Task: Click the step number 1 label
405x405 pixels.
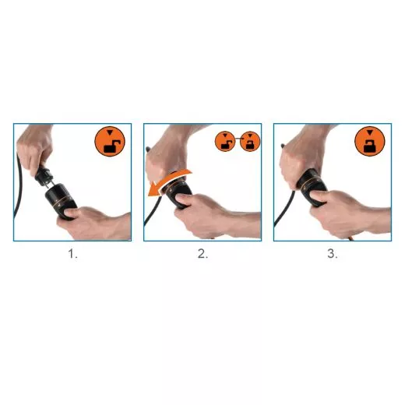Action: pyautogui.click(x=72, y=254)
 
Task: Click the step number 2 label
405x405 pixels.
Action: pyautogui.click(x=202, y=254)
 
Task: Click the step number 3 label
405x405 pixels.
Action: pyautogui.click(x=333, y=254)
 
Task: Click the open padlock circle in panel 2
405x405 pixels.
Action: pyautogui.click(x=225, y=141)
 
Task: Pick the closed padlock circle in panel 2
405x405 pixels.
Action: pyautogui.click(x=250, y=141)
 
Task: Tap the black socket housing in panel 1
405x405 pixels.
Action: pyautogui.click(x=61, y=201)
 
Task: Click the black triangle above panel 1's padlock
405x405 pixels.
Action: pyautogui.click(x=110, y=132)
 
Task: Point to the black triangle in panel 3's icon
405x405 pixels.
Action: pyautogui.click(x=370, y=132)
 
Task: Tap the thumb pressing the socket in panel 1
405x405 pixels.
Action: pyautogui.click(x=71, y=213)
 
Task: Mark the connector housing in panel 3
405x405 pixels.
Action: pyautogui.click(x=312, y=185)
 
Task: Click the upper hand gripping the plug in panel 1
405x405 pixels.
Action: pyautogui.click(x=34, y=148)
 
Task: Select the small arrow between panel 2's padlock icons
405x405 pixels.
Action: pyautogui.click(x=238, y=139)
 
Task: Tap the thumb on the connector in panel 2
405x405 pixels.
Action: pyautogui.click(x=185, y=198)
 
